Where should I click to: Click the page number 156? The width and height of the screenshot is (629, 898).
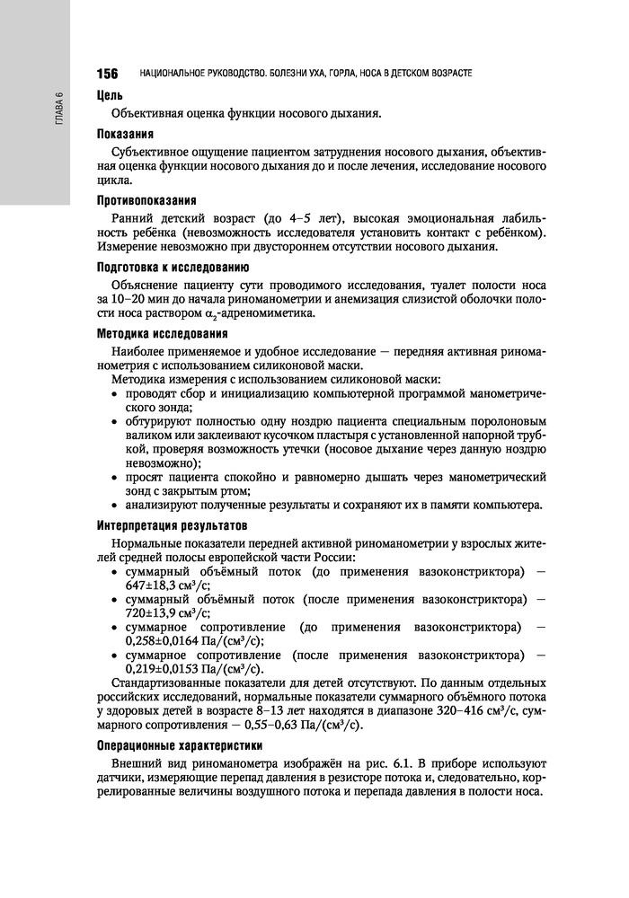tap(108, 73)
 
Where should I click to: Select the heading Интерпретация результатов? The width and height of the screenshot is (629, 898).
tap(179, 524)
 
